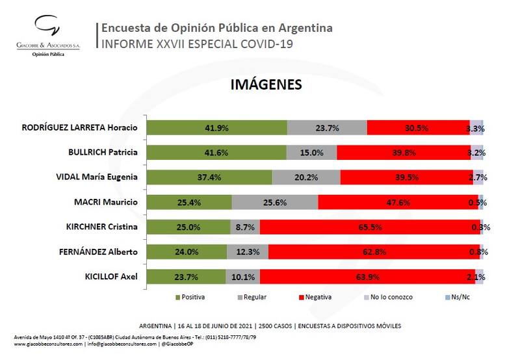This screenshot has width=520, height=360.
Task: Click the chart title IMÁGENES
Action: coord(266,85)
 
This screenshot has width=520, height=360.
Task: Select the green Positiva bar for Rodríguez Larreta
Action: coord(216,128)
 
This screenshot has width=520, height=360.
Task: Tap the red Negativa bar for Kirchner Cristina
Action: coord(370,227)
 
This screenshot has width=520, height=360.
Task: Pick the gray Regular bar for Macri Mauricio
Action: coord(294,202)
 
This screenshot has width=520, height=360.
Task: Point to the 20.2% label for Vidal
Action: coord(306,177)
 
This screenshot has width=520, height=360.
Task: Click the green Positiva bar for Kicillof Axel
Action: coord(186,276)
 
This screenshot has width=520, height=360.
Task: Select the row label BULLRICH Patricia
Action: coord(103,152)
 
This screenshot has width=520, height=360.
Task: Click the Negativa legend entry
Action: coord(315,297)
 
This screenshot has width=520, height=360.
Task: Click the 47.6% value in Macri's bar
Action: coord(398,202)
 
